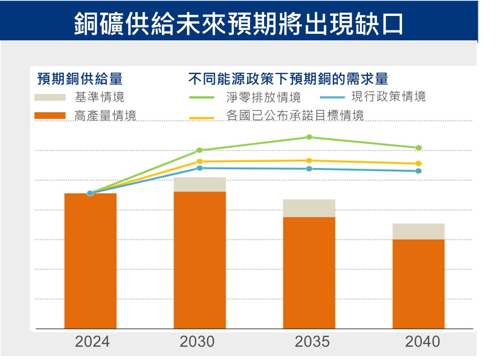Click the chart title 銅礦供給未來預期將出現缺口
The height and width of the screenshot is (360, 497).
[238, 23]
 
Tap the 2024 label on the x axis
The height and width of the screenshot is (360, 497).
[93, 341]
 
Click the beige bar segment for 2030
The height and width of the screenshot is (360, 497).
[200, 185]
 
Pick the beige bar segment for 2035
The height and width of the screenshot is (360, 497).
[309, 208]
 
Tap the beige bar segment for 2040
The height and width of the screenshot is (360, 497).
[419, 231]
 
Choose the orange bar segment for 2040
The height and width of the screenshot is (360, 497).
[419, 284]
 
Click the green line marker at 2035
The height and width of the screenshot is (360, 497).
[309, 137]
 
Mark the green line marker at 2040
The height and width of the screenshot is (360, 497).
[419, 148]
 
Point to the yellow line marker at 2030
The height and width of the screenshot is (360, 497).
[200, 161]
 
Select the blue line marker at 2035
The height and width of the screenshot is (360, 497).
[309, 169]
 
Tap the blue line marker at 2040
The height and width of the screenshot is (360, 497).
[419, 171]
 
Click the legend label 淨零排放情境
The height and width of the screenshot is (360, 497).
[264, 97]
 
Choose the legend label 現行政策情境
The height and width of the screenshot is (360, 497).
[388, 97]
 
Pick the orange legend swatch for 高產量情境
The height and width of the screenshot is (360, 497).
[50, 116]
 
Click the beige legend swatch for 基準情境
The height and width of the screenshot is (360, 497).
[50, 97]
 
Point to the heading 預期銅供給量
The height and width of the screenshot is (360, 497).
[80, 79]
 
